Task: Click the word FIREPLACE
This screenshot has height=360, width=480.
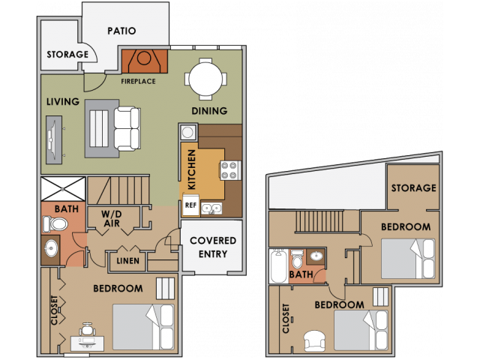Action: [138, 81]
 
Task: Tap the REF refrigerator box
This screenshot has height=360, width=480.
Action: [190, 204]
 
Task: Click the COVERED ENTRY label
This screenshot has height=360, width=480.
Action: [212, 246]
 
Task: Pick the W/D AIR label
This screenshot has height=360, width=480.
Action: [112, 218]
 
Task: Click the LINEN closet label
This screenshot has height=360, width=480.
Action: [126, 260]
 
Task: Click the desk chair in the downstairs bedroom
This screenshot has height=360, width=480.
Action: [87, 329]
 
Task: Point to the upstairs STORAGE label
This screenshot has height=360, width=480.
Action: [413, 187]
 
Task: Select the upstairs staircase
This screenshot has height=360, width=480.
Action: [317, 222]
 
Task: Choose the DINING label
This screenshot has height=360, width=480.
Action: [209, 111]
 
